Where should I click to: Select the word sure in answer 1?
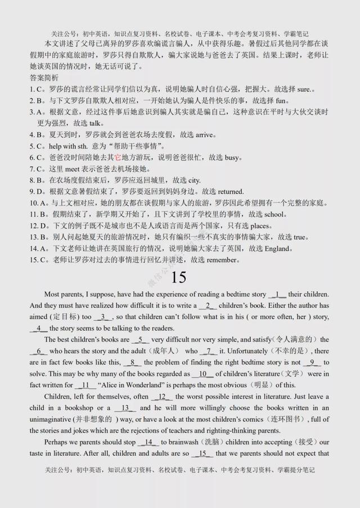(x=298, y=89)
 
